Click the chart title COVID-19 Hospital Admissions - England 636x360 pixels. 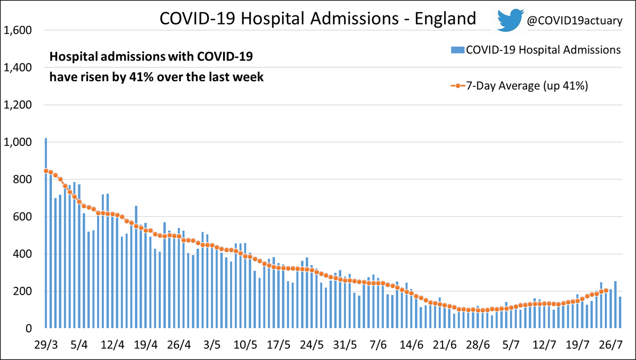[x=317, y=19]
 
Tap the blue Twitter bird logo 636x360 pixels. [x=510, y=20]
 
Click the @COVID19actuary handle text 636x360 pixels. [x=575, y=21]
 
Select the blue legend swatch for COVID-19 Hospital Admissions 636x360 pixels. [x=457, y=50]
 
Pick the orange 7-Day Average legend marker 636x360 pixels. [x=458, y=86]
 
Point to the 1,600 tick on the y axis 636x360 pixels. [x=17, y=30]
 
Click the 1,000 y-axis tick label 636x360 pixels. [x=17, y=142]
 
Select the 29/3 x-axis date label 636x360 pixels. [x=46, y=345]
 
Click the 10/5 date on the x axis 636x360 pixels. [x=245, y=345]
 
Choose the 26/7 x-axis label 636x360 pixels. [x=611, y=345]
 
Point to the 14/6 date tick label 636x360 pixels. [x=411, y=345]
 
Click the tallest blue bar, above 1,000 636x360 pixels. [x=46, y=233]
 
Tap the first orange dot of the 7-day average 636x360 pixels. [x=46, y=171]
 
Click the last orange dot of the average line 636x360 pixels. [x=606, y=291]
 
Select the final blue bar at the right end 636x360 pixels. [x=620, y=313]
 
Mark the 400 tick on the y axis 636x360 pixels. [x=22, y=254]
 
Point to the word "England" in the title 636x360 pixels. [x=445, y=19]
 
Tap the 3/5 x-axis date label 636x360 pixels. [x=212, y=345]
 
